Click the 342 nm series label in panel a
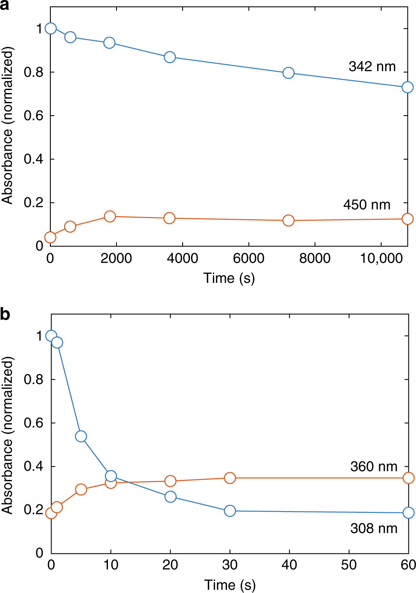tap(372, 67)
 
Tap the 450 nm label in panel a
tap(367, 205)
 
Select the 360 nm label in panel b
tap(373, 466)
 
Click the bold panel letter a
tap(5, 6)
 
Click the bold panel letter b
tap(5, 314)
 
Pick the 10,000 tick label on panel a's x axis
tap(381, 258)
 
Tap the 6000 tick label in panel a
tap(248, 258)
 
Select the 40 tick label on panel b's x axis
tap(289, 565)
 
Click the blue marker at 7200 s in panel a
tap(288, 73)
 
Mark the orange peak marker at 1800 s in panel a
tap(110, 216)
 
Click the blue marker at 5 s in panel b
tap(81, 436)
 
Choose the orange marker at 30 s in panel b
tap(230, 478)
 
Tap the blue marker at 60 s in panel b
tap(408, 512)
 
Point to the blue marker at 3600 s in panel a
tap(170, 57)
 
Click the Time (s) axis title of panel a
tap(229, 278)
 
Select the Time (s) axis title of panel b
tap(230, 584)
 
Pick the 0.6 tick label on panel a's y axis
tap(34, 116)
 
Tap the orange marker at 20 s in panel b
tap(170, 481)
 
